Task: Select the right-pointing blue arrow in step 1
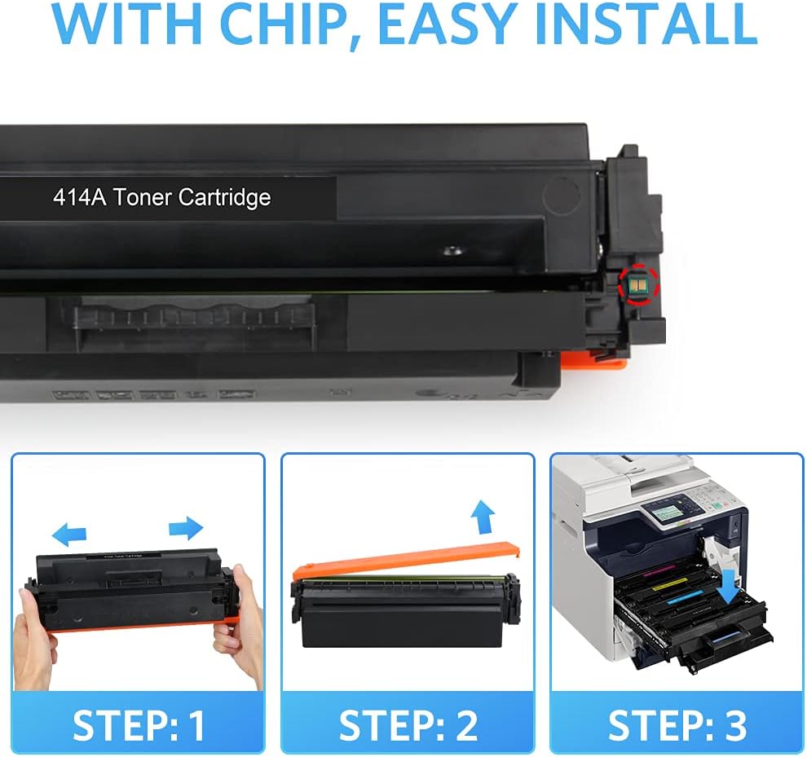click(185, 528)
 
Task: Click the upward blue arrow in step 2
click(483, 516)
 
